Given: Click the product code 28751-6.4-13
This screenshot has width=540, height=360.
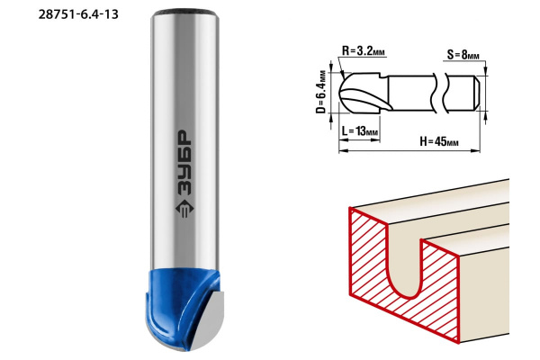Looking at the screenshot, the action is pos(78,14).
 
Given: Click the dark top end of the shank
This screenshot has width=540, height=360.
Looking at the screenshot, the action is pos(184,13).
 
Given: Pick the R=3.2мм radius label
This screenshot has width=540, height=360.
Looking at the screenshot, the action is pos(364,51).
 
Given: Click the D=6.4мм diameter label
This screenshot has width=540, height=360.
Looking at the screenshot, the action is pos(321,92).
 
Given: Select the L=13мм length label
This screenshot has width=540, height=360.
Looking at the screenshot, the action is pos(360,131).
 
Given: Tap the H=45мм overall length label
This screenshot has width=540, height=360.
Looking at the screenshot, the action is pos(439,141).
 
